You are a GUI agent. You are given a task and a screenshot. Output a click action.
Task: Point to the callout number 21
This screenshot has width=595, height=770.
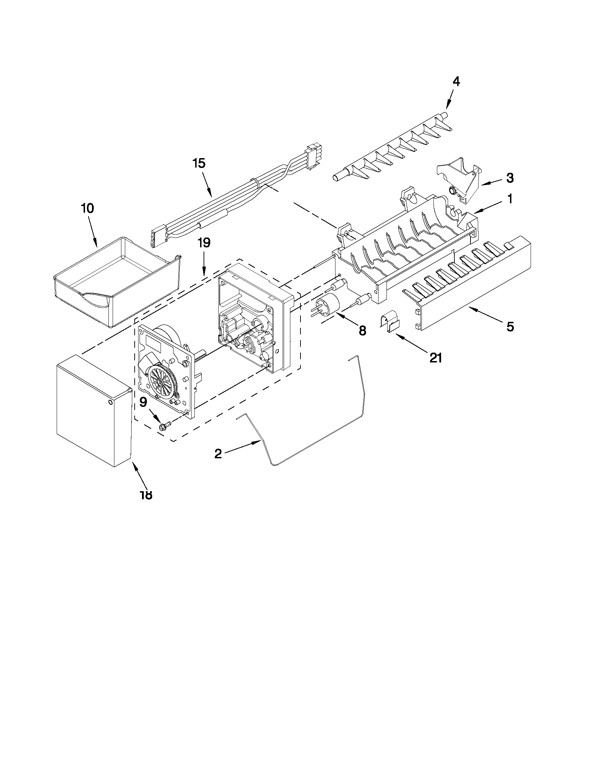point(435,358)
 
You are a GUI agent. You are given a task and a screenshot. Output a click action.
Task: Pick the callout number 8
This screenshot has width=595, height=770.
point(362,330)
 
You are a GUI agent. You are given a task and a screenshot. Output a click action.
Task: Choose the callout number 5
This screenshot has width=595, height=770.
point(510,327)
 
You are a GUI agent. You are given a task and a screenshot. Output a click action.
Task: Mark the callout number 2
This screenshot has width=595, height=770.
point(218,453)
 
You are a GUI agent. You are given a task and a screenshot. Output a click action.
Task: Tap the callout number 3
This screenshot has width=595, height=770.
point(510,178)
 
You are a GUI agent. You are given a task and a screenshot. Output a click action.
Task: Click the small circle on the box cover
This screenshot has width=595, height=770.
point(111,402)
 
